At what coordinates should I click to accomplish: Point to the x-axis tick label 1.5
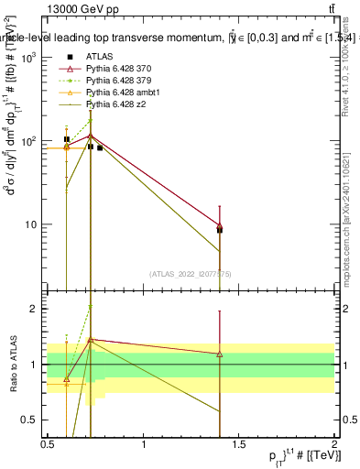coord(239,444)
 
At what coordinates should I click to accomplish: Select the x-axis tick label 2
coord(335,444)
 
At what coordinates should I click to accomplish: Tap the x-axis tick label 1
coord(144,444)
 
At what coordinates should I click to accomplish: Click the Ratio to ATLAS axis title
coord(13,365)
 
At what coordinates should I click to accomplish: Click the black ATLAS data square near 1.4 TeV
coord(220,230)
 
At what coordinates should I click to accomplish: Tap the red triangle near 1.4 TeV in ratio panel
coord(220,354)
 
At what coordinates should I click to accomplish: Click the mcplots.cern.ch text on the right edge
coord(350,229)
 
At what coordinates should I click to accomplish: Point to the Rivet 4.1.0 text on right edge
coord(350,73)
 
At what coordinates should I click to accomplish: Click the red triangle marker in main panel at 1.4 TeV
coord(220,225)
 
